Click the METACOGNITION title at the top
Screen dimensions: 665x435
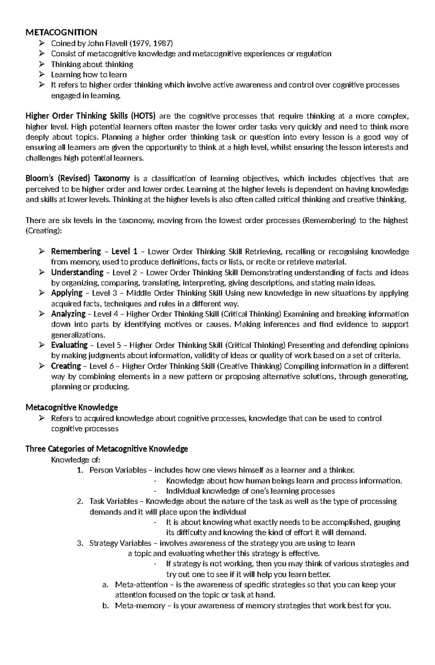61,33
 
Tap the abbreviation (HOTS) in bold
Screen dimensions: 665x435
143,116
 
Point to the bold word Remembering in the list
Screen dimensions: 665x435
76,252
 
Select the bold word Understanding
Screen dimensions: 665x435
77,273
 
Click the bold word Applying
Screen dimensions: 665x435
67,293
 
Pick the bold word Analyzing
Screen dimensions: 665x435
68,314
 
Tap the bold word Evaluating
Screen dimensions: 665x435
69,345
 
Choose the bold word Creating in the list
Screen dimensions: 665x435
66,366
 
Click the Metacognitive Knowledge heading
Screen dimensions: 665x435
71,408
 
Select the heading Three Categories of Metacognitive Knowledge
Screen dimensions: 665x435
107,449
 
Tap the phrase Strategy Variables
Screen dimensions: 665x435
120,543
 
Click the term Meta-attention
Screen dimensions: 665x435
141,585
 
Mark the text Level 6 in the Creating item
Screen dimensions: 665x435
101,366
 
